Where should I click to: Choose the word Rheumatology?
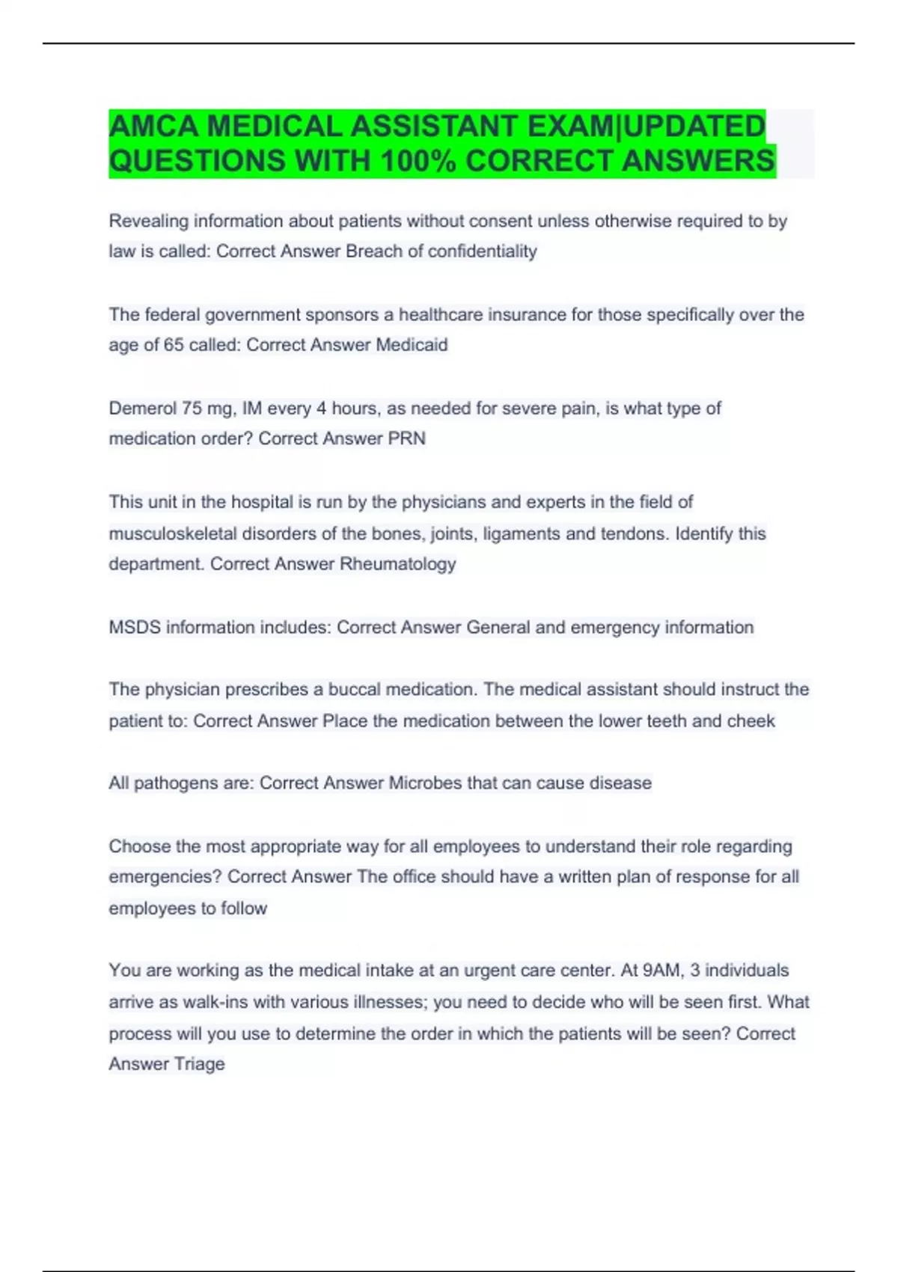[397, 563]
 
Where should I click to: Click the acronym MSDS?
[135, 627]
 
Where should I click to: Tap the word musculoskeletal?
[171, 534]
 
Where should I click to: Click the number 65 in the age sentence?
[174, 345]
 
